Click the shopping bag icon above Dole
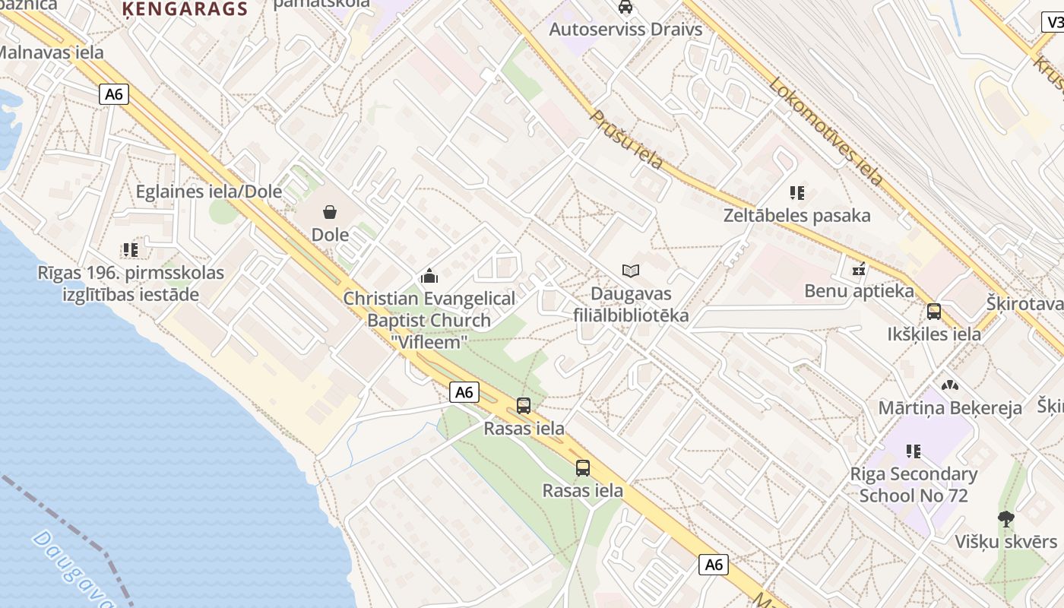(x=330, y=211)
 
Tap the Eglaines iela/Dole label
(x=208, y=192)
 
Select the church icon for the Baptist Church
(x=429, y=275)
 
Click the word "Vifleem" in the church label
(x=429, y=342)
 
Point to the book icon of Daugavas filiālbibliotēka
(x=631, y=271)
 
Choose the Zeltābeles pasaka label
(x=796, y=216)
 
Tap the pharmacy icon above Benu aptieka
(x=859, y=268)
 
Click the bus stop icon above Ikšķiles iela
(x=934, y=312)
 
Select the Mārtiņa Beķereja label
(x=950, y=408)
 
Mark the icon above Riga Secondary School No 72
(x=914, y=451)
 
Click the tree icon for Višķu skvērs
(x=1006, y=519)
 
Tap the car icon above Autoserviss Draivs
(x=625, y=8)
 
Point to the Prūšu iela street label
(x=627, y=140)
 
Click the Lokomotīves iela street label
(x=826, y=131)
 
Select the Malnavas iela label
(x=50, y=53)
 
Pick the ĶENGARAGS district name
(x=185, y=9)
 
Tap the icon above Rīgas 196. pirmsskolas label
(x=131, y=249)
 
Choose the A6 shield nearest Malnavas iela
(x=114, y=94)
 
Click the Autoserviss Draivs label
(x=625, y=29)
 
